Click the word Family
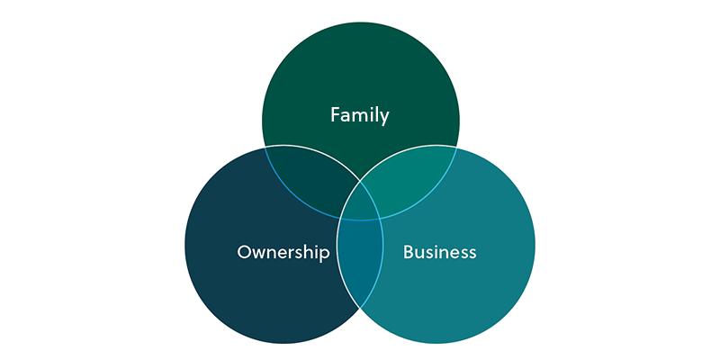[x=359, y=115]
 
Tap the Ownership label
[x=283, y=252]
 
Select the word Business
[x=439, y=252]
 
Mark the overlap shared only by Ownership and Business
[x=361, y=262]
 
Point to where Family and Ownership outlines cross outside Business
[x=265, y=147]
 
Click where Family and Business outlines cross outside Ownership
[x=456, y=147]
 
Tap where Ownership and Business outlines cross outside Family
[x=361, y=308]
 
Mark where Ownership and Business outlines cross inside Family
[x=361, y=182]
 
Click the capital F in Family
[x=335, y=114]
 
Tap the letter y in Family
[x=384, y=118]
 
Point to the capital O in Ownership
[x=244, y=252]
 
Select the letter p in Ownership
[x=324, y=255]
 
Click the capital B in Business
[x=409, y=252]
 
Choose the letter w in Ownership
[x=261, y=254]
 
